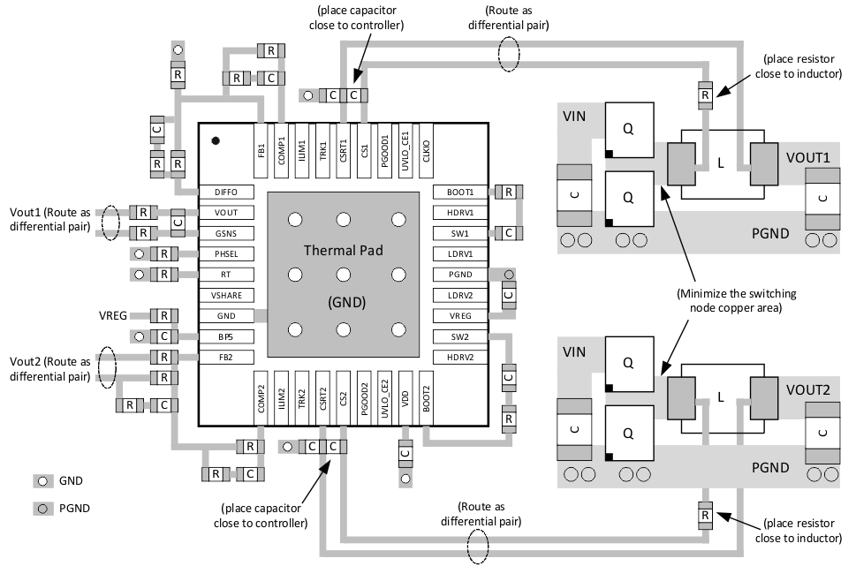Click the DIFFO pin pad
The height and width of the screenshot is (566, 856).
click(226, 192)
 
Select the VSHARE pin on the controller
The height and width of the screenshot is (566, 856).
click(226, 295)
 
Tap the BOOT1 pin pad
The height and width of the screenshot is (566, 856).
click(460, 192)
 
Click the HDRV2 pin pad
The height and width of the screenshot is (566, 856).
click(460, 357)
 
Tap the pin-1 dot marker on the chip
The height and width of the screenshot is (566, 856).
click(215, 140)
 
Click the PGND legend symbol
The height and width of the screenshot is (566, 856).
click(42, 508)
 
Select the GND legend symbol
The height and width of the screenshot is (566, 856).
click(42, 481)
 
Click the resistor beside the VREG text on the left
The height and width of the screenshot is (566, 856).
click(163, 315)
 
